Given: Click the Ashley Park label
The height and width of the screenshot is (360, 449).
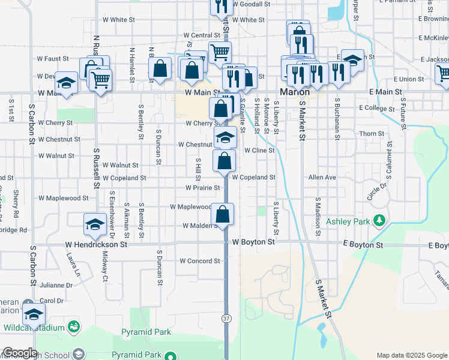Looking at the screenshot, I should click(x=348, y=221).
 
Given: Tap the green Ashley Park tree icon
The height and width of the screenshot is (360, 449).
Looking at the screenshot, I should click(x=379, y=221).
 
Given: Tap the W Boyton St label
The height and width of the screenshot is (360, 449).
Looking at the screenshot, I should click(x=253, y=242).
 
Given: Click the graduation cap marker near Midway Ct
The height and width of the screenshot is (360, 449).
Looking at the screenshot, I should click(x=94, y=225).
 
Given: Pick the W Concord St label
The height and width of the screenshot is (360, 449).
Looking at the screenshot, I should click(x=200, y=261).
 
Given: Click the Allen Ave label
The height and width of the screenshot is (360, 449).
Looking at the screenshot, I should click(x=322, y=178).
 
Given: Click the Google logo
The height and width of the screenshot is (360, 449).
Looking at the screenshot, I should click(x=20, y=353).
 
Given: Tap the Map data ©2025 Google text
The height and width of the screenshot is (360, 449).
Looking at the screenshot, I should click(x=411, y=355).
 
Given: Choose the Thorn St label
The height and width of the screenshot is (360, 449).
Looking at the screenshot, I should click(x=372, y=134).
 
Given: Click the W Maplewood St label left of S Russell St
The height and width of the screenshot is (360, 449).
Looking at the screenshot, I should click(x=63, y=197).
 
